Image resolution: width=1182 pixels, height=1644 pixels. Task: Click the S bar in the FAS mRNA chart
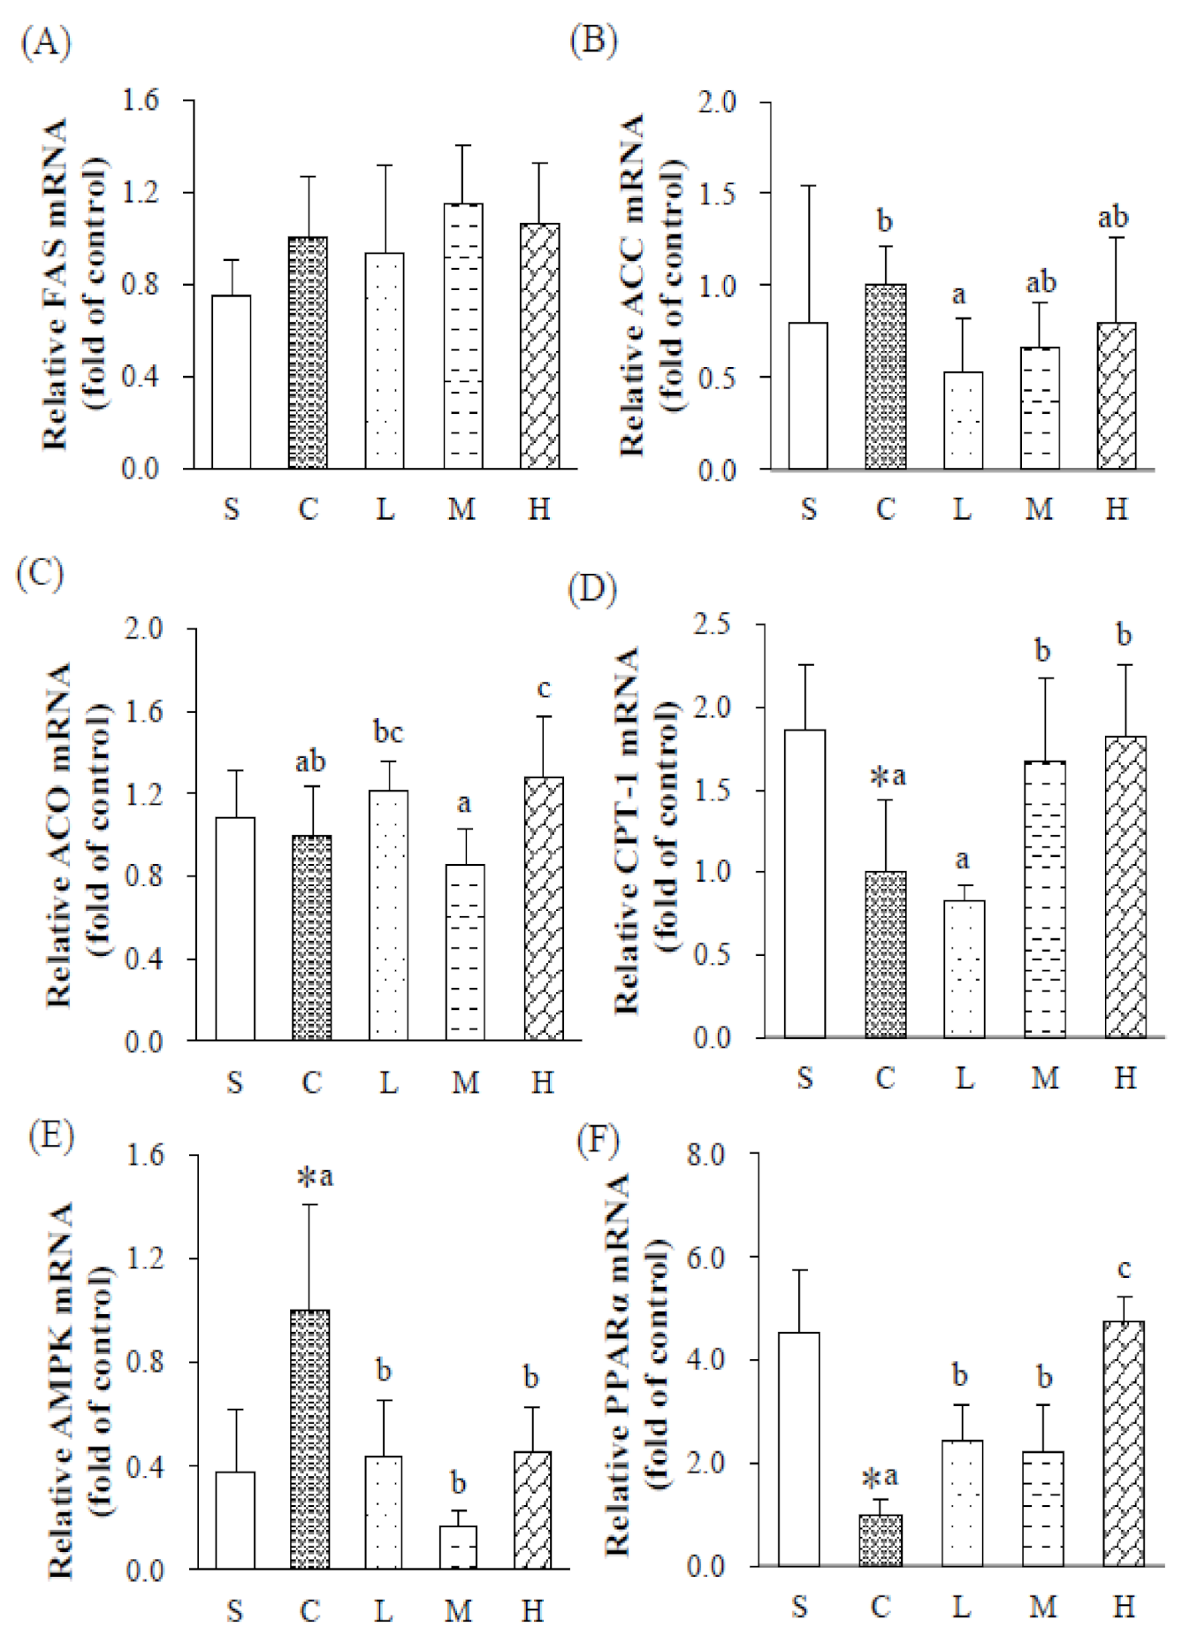(x=231, y=382)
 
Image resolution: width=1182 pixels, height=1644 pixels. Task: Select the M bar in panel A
(x=462, y=336)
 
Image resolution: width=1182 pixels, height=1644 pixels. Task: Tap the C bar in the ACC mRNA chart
(x=885, y=377)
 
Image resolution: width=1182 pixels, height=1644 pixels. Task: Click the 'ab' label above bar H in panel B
(x=1112, y=218)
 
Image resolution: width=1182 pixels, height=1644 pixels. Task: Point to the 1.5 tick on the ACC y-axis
(x=717, y=194)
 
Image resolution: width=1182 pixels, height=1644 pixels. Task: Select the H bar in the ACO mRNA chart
(x=543, y=908)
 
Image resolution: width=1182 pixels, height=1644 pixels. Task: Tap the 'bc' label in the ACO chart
(x=388, y=732)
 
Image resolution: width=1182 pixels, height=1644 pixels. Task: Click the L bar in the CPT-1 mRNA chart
(x=964, y=968)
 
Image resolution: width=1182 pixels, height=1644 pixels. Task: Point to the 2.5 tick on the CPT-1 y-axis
(x=713, y=624)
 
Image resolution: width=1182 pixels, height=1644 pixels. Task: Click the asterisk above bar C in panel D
(x=880, y=778)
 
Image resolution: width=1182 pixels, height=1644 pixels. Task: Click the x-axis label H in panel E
(x=532, y=1610)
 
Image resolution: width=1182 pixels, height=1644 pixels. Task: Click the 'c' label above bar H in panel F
(x=1124, y=1270)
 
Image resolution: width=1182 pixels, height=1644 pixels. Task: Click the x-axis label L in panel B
(x=962, y=509)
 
